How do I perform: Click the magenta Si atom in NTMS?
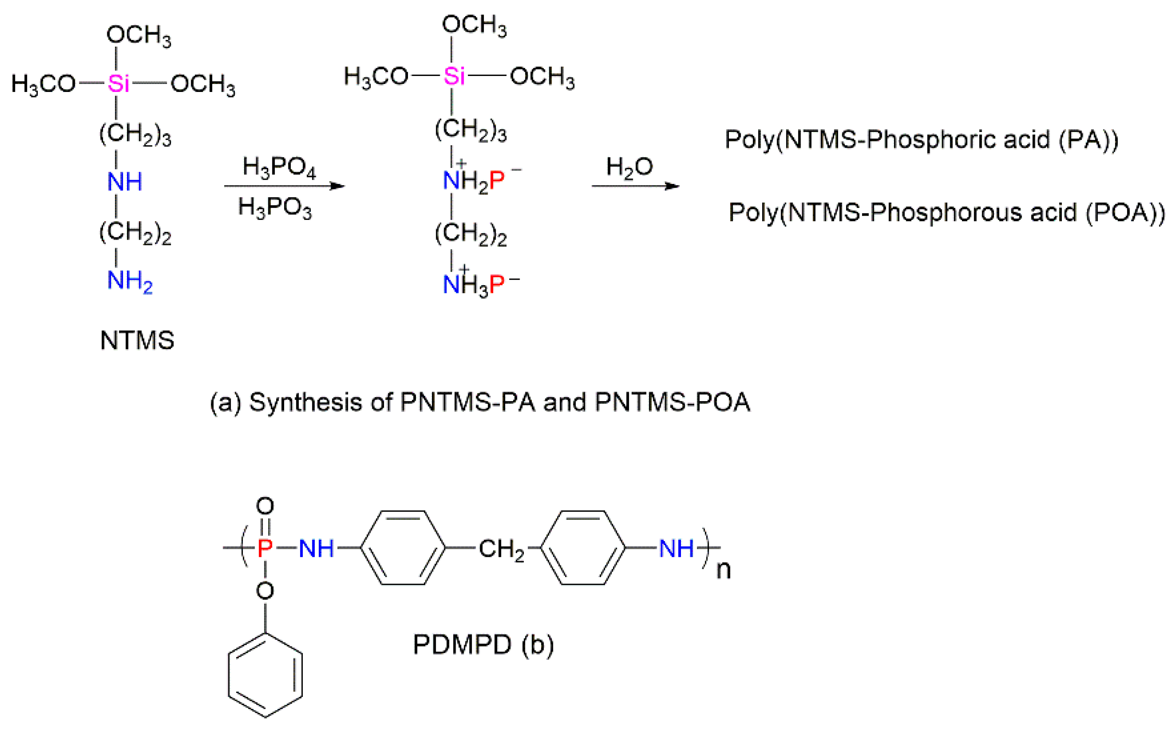(x=118, y=84)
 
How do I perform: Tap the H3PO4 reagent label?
(x=279, y=167)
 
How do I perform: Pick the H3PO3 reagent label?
(x=275, y=208)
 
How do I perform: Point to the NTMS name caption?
(x=137, y=340)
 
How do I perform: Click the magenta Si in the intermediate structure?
(x=454, y=76)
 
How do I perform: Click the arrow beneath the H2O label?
(x=635, y=186)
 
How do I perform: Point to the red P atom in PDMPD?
(x=265, y=548)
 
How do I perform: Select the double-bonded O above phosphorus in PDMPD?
(x=265, y=506)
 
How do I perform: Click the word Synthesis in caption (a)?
(x=305, y=402)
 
